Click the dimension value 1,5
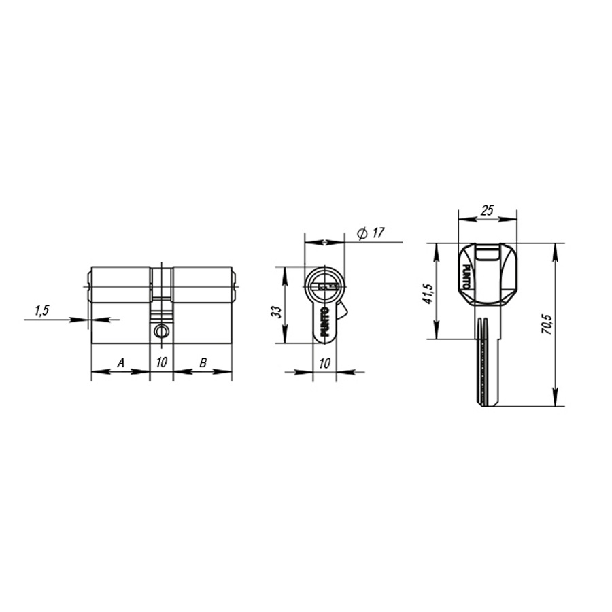click(x=41, y=311)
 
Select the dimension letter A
click(x=120, y=363)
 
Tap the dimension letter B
click(x=203, y=363)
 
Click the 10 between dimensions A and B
click(x=161, y=363)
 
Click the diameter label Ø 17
click(x=371, y=233)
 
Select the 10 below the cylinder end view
click(x=324, y=363)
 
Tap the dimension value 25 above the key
click(x=487, y=211)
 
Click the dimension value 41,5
click(x=427, y=292)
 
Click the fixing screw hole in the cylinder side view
click(x=161, y=331)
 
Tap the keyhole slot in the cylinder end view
click(x=324, y=286)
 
